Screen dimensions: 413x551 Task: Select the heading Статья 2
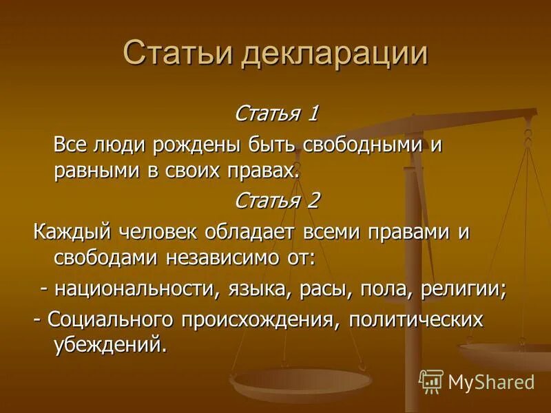277,200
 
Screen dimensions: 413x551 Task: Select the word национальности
134,288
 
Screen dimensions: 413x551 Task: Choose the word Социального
110,320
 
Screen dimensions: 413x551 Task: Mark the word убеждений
110,344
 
